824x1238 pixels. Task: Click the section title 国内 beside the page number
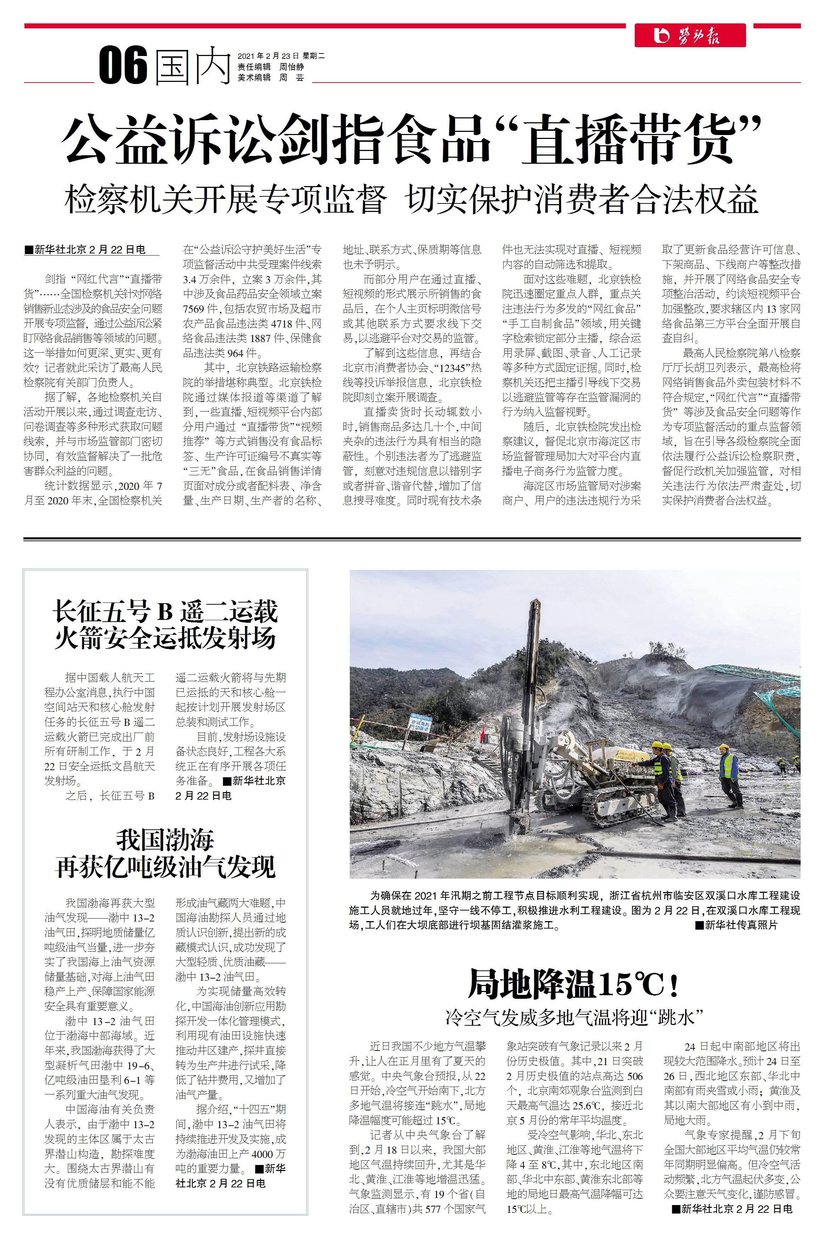(x=193, y=66)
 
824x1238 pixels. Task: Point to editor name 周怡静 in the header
(x=292, y=67)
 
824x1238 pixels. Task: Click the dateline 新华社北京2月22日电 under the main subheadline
(x=90, y=250)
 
